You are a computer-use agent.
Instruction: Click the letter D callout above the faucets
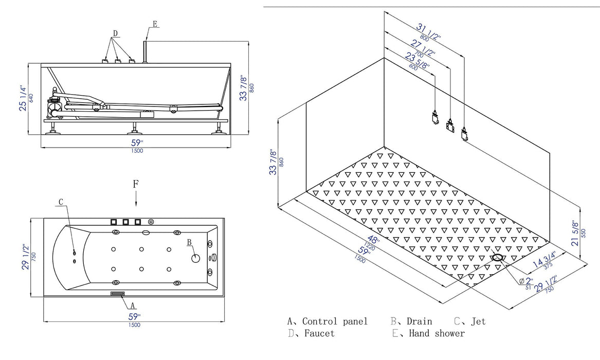[x=115, y=33]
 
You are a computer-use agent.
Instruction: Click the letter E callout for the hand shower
[x=155, y=24]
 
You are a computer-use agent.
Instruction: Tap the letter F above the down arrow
[x=135, y=183]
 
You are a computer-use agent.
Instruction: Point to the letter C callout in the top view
[x=61, y=202]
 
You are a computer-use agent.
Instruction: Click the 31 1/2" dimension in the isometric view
[x=430, y=31]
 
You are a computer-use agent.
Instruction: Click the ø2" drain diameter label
[x=527, y=281]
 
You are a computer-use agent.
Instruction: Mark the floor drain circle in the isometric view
[x=498, y=257]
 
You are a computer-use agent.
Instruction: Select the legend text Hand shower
[x=437, y=333]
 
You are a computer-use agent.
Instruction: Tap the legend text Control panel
[x=335, y=321]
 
